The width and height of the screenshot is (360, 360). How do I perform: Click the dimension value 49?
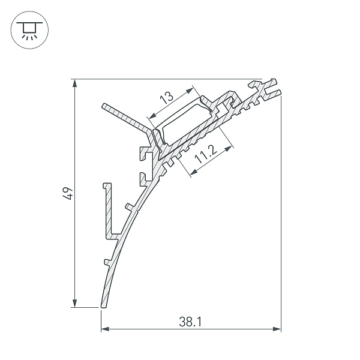point(68,194)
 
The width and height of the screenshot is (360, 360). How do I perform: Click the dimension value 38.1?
point(190,322)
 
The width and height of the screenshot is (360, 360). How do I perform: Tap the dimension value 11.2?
point(206,155)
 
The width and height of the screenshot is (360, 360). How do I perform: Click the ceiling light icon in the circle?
point(29,30)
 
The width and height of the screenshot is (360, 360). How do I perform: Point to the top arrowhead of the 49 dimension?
point(74,83)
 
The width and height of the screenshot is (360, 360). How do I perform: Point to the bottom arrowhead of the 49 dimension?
point(74,303)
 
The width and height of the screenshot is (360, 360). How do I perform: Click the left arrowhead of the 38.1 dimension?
point(105,329)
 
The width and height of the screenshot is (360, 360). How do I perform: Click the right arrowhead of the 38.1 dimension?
point(277,329)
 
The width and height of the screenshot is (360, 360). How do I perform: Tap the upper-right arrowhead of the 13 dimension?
point(189,91)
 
